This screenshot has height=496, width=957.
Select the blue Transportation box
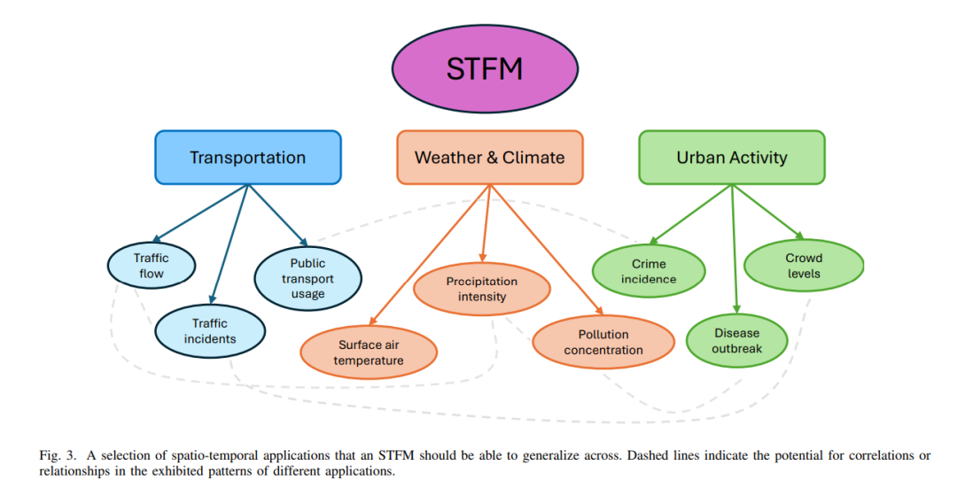click(x=247, y=158)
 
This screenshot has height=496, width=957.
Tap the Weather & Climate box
click(x=489, y=158)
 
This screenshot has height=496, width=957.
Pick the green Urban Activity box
click(x=732, y=158)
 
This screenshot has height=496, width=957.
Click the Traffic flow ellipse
click(x=152, y=266)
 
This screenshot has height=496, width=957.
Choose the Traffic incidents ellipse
click(x=210, y=331)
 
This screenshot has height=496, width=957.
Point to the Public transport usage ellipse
click(x=307, y=278)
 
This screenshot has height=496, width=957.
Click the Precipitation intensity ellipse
click(x=482, y=289)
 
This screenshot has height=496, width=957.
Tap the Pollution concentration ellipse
click(x=603, y=342)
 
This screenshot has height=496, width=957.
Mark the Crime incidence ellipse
click(x=649, y=271)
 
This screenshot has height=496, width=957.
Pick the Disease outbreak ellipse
click(x=736, y=341)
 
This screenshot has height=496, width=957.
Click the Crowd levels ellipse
click(x=804, y=266)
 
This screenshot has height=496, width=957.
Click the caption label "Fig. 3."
click(x=58, y=455)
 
